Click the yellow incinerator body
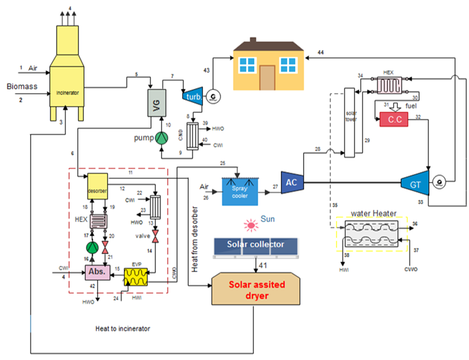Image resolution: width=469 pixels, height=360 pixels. [67, 79]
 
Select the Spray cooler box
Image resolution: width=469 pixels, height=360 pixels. [240, 191]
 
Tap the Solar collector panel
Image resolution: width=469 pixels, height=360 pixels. [255, 245]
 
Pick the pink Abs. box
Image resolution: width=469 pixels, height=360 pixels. [98, 272]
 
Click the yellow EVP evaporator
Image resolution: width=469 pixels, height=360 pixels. [135, 276]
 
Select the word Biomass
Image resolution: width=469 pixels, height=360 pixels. [22, 86]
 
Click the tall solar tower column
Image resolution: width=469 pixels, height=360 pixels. [349, 122]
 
